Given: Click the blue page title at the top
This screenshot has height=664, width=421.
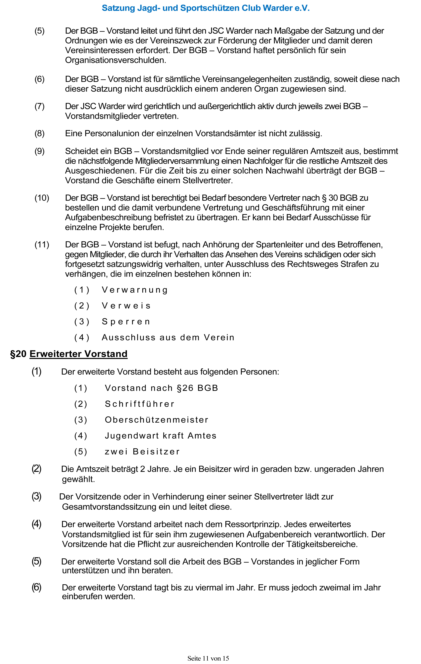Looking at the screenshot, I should click(x=206, y=8).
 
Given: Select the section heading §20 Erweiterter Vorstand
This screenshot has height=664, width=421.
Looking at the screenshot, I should click(x=69, y=354).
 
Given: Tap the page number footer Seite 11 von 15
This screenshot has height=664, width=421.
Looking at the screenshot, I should click(x=208, y=658).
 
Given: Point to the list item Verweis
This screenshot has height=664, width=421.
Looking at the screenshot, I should click(x=126, y=306).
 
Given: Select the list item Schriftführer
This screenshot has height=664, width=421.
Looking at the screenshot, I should click(x=140, y=404).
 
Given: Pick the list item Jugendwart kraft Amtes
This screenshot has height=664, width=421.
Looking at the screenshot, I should click(x=161, y=436).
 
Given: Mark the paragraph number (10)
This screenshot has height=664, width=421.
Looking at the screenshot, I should click(x=42, y=198).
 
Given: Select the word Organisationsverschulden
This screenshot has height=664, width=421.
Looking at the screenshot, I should click(x=115, y=60).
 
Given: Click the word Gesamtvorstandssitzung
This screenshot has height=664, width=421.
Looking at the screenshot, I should click(x=109, y=507).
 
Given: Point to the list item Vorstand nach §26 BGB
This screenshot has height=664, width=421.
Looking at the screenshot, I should click(x=161, y=388).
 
